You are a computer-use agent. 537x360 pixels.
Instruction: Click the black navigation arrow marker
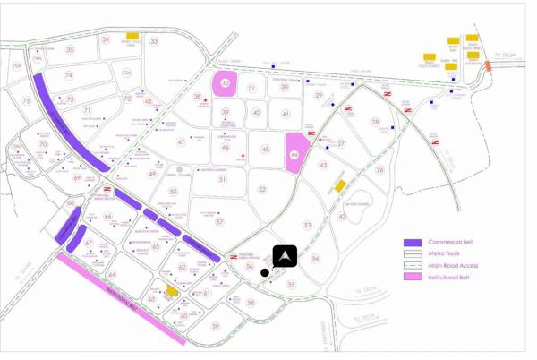pyautogui.click(x=286, y=256)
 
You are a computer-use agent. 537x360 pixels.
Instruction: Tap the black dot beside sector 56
pyautogui.click(x=264, y=272)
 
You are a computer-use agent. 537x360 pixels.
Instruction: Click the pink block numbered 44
pyautogui.click(x=294, y=152)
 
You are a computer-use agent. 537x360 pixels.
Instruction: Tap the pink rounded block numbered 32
pyautogui.click(x=226, y=83)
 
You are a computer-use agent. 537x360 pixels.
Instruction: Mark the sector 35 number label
pyautogui.click(x=70, y=49)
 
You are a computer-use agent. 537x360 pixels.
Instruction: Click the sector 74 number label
pyautogui.click(x=68, y=75)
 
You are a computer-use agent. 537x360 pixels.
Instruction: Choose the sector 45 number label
pyautogui.click(x=265, y=149)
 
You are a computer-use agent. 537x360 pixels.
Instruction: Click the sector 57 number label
pyautogui.click(x=219, y=221)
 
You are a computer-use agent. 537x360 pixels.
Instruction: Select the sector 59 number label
pyautogui.click(x=215, y=325)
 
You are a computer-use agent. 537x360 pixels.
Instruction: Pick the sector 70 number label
pyautogui.click(x=43, y=143)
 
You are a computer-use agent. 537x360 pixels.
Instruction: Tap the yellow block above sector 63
pyautogui.click(x=172, y=291)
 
